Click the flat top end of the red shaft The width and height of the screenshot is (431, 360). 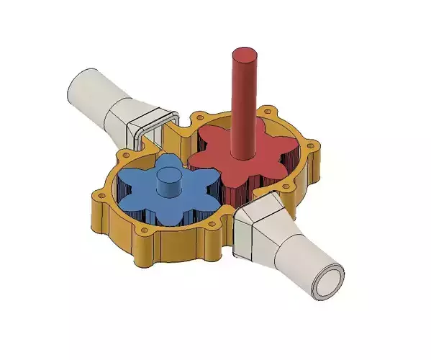click(245, 54)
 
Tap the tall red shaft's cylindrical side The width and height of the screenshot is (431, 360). click(244, 108)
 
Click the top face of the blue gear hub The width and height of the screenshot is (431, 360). click(171, 174)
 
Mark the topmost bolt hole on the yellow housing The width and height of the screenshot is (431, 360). click(271, 111)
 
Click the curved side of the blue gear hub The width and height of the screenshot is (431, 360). click(171, 186)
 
